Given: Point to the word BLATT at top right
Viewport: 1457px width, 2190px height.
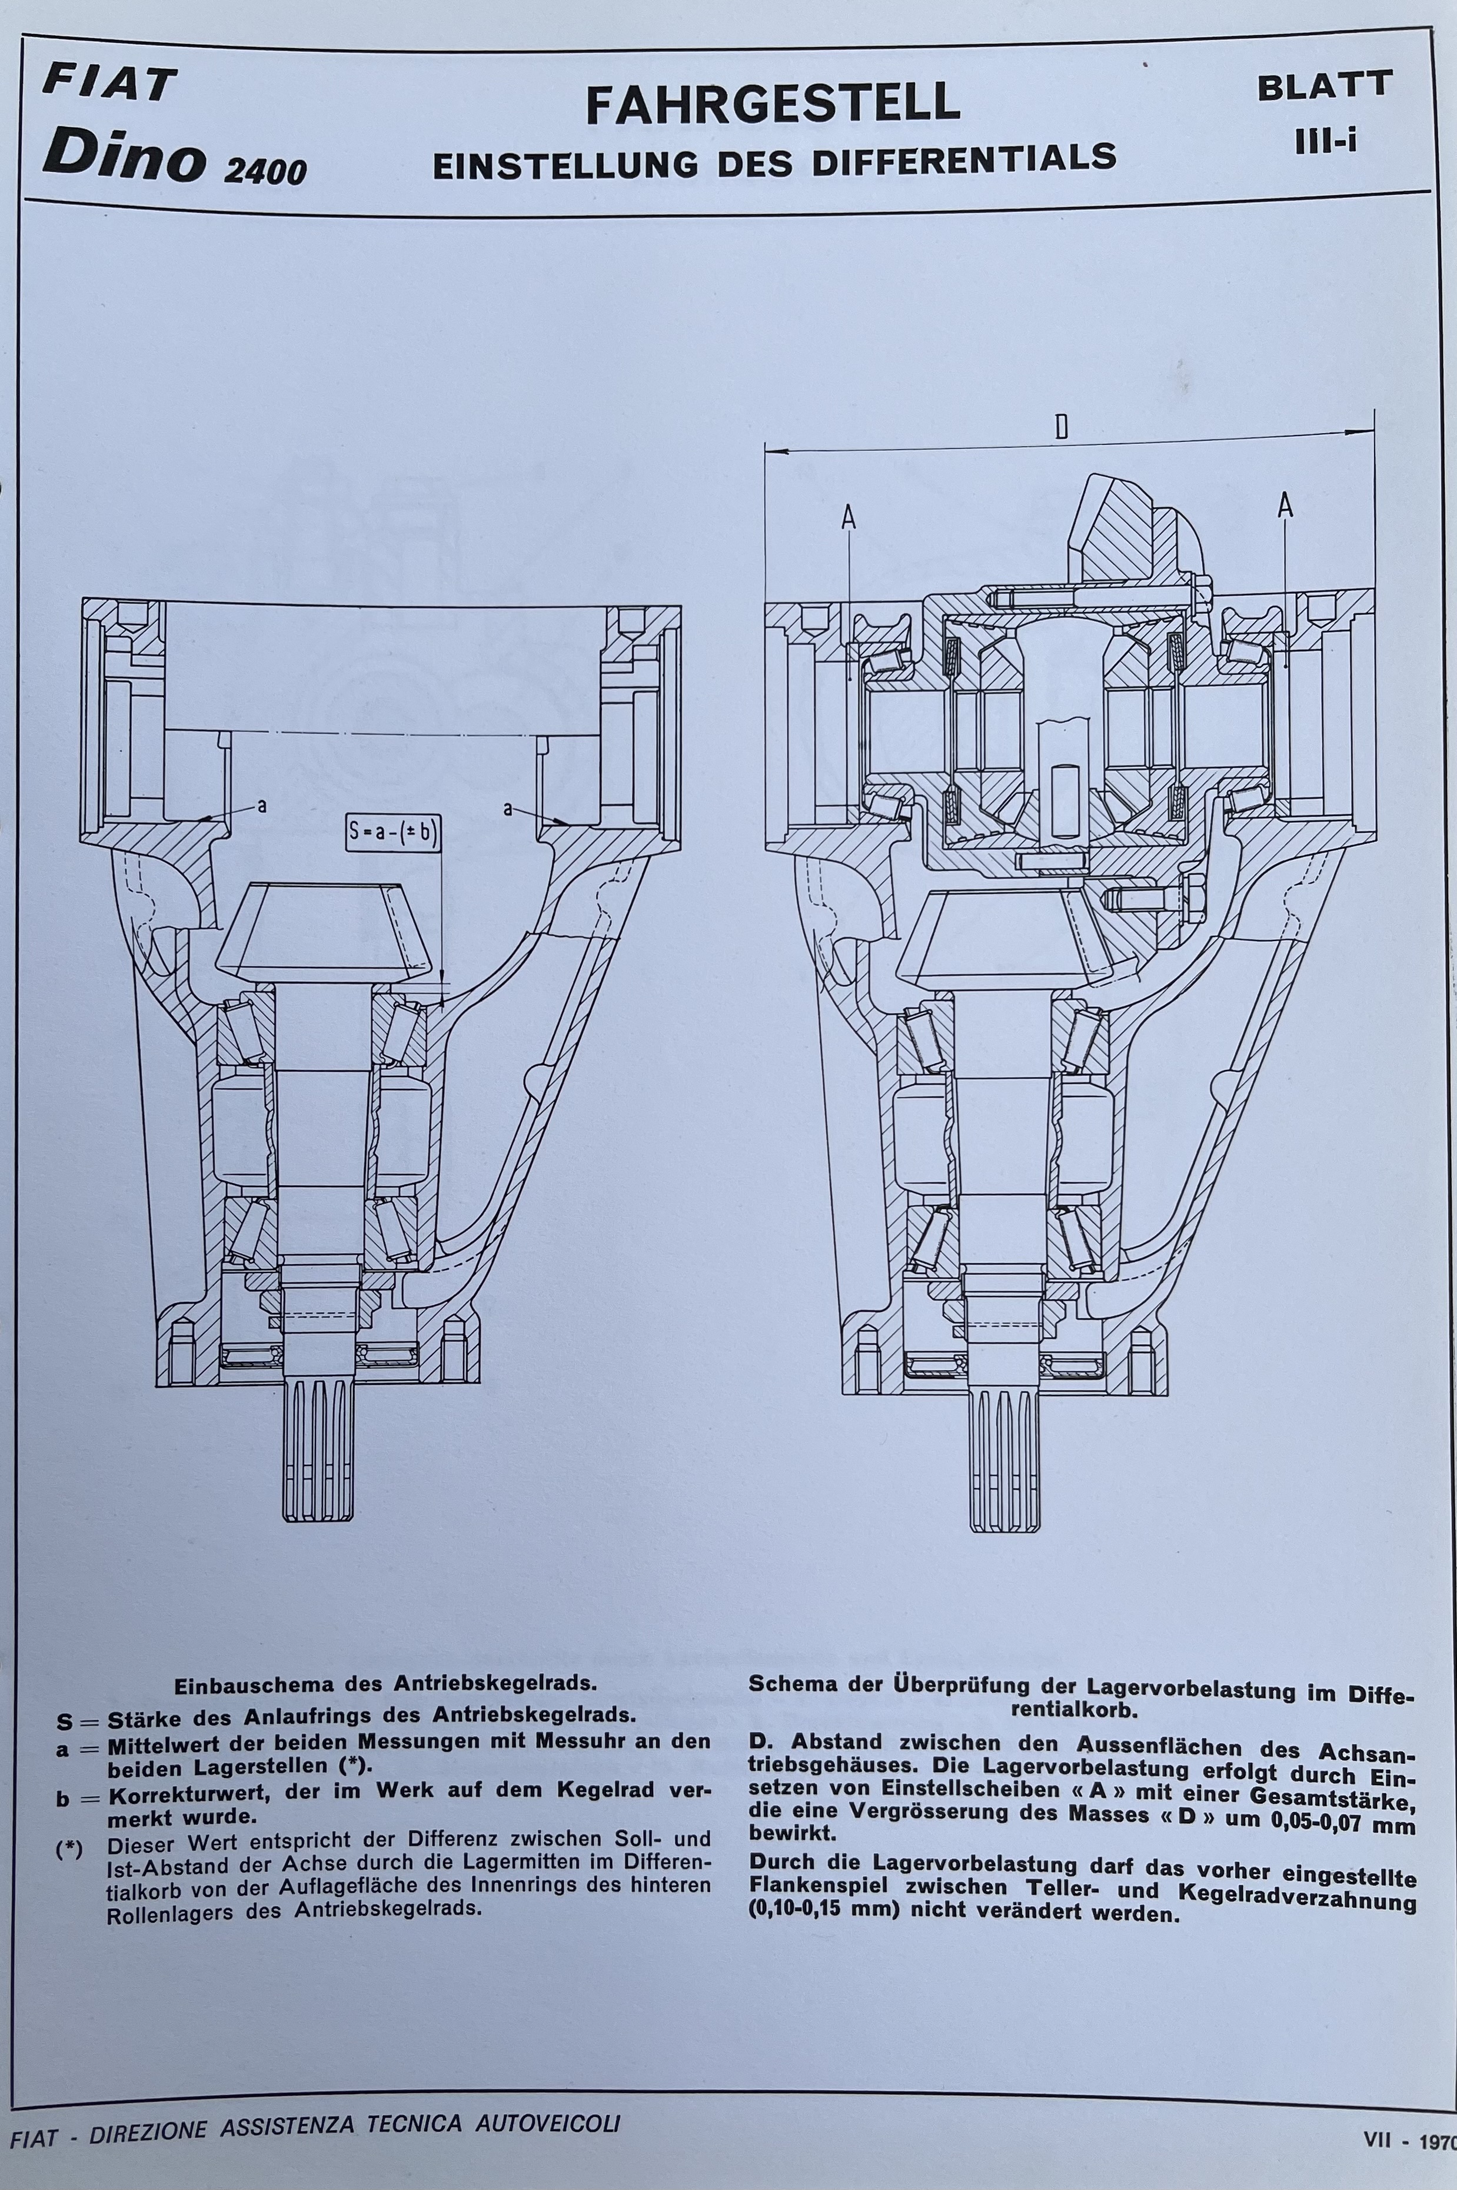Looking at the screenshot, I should click(1324, 85).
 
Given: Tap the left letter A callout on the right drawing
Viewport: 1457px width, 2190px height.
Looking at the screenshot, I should click(847, 517).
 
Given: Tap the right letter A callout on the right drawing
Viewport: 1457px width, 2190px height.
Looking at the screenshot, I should click(1286, 506).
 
